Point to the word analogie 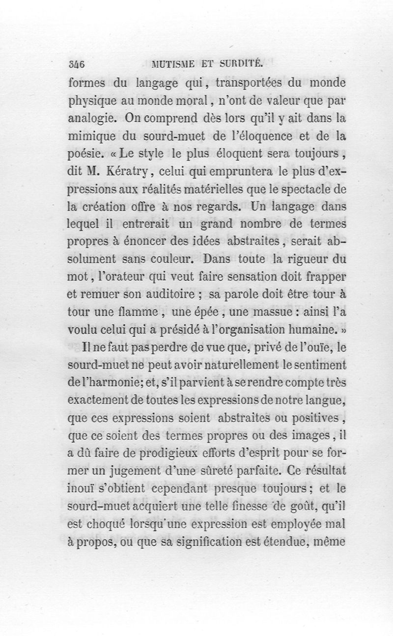[90, 118]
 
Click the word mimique [90, 136]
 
